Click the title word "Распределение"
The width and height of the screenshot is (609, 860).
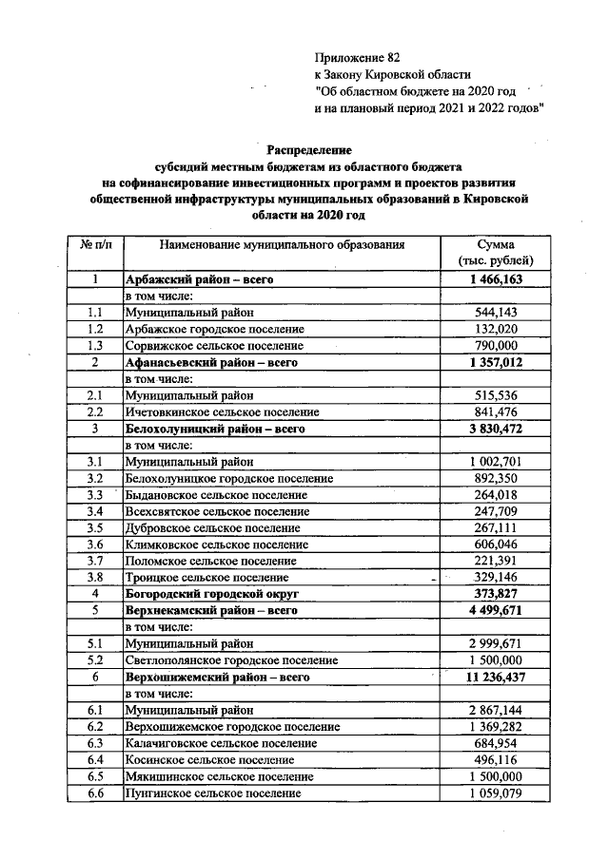coord(308,150)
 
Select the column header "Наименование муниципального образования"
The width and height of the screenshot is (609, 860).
coord(282,244)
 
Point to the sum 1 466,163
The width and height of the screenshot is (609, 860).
coord(496,279)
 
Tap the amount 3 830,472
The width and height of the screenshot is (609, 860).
coord(496,430)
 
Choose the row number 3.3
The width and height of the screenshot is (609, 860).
coord(95,495)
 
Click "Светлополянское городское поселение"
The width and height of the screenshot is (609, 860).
coord(231,659)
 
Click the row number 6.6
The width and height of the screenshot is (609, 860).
coord(95,792)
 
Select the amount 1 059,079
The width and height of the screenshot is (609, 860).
coord(496,792)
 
